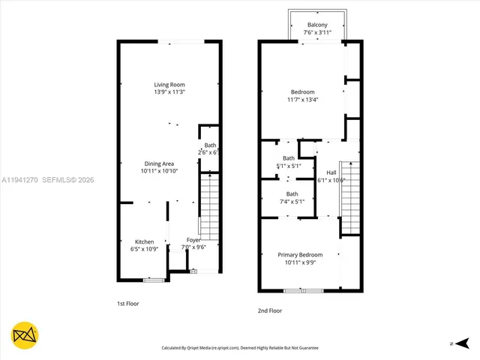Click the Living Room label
tap(169, 85)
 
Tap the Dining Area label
tap(159, 163)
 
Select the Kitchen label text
tap(145, 241)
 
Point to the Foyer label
tap(192, 241)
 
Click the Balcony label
tap(316, 25)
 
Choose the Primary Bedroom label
tap(299, 255)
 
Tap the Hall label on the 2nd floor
tap(331, 172)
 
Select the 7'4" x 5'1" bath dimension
tap(291, 202)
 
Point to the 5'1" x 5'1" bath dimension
tap(289, 166)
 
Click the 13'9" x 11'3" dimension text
tap(169, 92)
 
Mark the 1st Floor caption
tap(127, 304)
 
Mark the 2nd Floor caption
tap(269, 310)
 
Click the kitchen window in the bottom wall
tap(153, 280)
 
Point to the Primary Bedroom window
tap(304, 290)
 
